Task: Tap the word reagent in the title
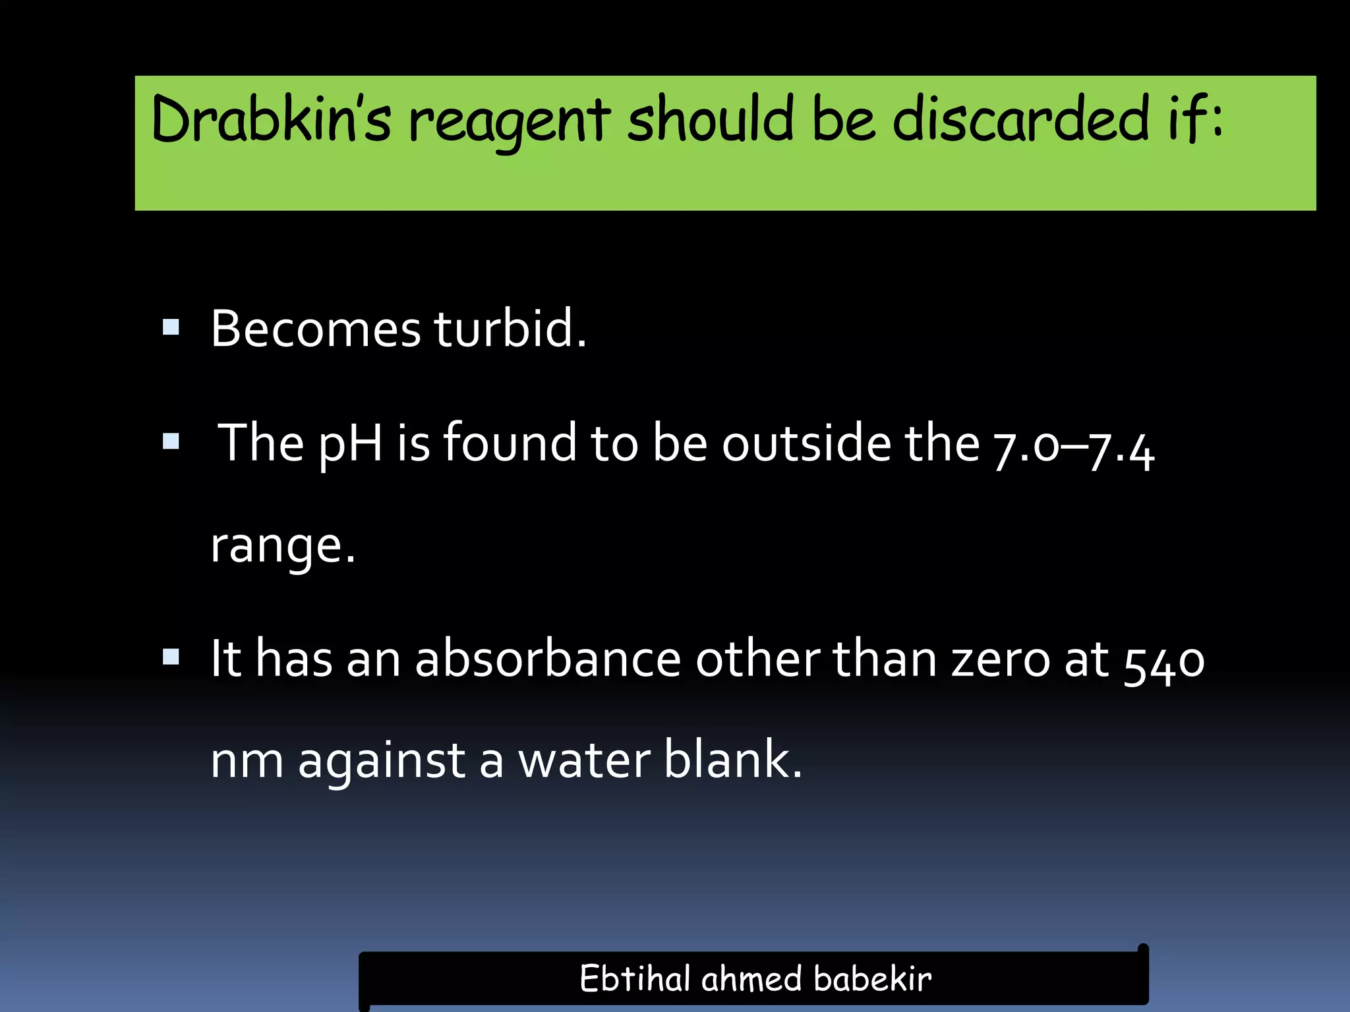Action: (x=509, y=122)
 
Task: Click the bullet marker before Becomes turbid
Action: (x=171, y=327)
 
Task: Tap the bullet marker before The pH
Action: (x=171, y=441)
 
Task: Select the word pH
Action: (x=350, y=443)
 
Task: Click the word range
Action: (x=282, y=546)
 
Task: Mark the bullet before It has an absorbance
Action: (x=171, y=656)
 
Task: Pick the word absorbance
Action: (x=547, y=658)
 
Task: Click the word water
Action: (x=585, y=760)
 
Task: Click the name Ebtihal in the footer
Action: (x=635, y=978)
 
